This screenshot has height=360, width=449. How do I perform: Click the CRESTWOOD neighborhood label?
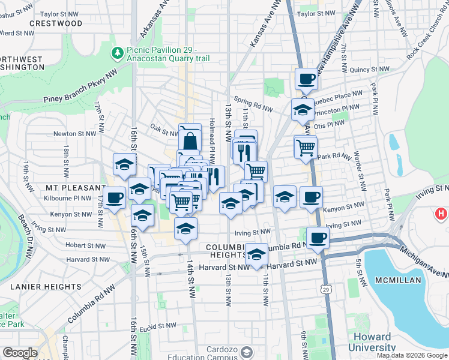(x=56, y=23)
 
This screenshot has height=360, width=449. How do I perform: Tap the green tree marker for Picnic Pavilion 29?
(x=117, y=53)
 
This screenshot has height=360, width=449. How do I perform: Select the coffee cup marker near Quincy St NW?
(x=306, y=79)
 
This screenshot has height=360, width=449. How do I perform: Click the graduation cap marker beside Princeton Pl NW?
(x=303, y=109)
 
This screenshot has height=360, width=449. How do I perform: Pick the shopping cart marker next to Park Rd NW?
(x=306, y=146)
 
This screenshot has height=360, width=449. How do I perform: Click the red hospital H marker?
(x=441, y=213)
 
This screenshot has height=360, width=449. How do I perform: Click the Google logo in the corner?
(x=20, y=353)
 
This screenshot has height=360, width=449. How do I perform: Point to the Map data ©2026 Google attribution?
(x=411, y=355)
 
